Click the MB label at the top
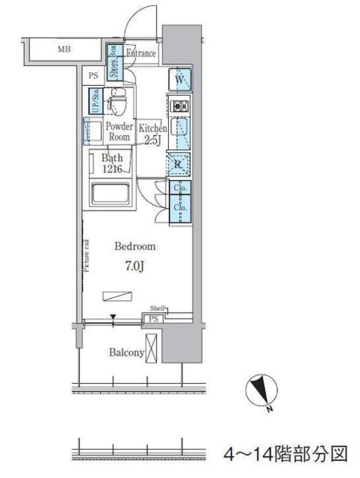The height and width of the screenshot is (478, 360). pos(64,49)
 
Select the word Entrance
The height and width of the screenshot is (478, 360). pos(141,54)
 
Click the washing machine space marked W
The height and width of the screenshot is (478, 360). pos(180,79)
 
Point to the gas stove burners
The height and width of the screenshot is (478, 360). pos(180,106)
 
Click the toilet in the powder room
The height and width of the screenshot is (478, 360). pos(117,102)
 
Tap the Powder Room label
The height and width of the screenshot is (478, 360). pos(119,132)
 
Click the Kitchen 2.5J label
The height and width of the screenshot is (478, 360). pos(153,134)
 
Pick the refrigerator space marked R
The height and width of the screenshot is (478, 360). pos(178,164)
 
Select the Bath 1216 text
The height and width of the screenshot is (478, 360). pos(112,163)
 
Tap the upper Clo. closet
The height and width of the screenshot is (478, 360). pos(180,187)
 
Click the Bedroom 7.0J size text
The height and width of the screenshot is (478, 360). pos(135,266)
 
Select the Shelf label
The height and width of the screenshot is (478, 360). pos(157,309)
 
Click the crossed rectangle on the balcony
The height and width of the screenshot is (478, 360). pos(153,348)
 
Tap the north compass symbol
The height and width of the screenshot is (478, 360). pos(262,390)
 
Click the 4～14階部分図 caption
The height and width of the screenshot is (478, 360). pos(285,454)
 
